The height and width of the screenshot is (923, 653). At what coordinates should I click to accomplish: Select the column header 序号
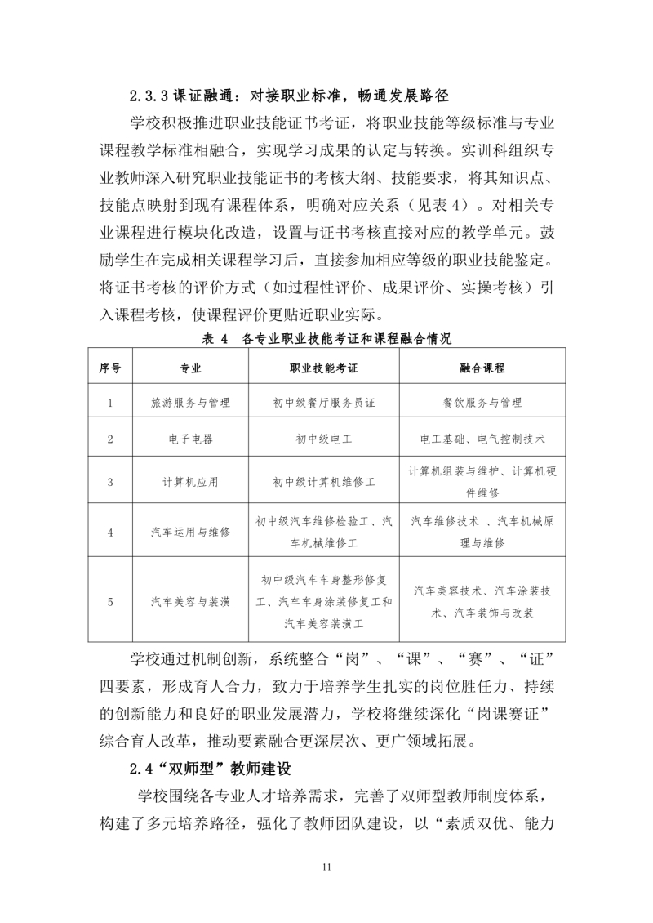110,368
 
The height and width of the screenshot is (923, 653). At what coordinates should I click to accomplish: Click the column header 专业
190,368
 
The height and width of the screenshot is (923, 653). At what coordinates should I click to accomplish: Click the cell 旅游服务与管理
190,404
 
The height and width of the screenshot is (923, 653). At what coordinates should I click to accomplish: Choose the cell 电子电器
190,439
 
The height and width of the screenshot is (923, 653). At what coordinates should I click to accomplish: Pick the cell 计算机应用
190,482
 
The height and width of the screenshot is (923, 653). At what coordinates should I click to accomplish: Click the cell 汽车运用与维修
190,532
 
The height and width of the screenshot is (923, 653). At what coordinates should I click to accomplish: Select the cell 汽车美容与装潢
190,602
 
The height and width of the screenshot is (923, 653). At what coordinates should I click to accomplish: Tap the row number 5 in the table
110,602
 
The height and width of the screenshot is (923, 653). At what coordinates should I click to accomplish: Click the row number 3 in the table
110,482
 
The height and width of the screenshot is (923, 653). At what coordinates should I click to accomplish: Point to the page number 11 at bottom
326,867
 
